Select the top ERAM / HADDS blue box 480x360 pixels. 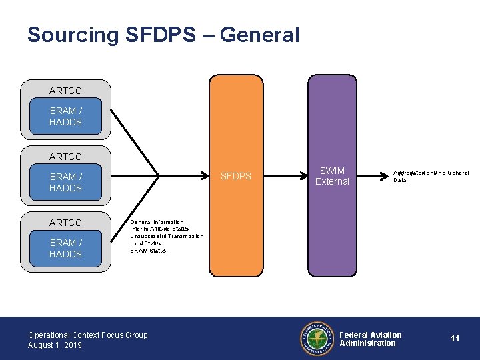65,117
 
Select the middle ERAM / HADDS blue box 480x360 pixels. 65,183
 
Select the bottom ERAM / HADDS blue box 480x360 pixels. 65,249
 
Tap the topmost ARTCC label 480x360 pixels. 65,91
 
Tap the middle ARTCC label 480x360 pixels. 65,157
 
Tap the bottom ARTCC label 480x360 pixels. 65,223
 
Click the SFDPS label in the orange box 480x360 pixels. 236,176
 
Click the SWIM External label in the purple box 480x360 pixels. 332,176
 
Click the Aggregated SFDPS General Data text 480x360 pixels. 430,176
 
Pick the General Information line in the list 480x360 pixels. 157,222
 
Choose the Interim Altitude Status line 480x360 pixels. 159,229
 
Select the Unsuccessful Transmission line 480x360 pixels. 167,236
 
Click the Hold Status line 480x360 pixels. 145,243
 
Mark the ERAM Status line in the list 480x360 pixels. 148,251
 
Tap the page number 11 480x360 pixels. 455,339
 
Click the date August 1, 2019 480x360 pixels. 55,345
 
